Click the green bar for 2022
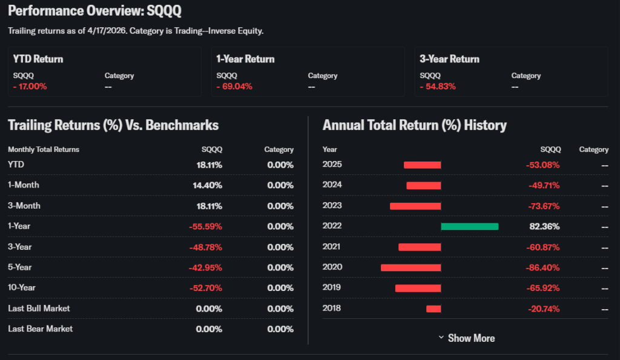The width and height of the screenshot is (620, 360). click(x=469, y=226)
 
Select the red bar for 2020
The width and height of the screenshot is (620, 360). click(x=411, y=267)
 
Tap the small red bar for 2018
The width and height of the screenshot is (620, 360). click(x=434, y=309)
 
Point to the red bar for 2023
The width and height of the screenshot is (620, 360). click(x=415, y=206)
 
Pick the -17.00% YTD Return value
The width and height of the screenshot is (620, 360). click(x=30, y=87)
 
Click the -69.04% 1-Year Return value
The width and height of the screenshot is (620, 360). click(x=234, y=87)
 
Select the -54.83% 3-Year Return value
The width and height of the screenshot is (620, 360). click(x=437, y=87)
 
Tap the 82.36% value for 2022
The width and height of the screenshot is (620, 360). click(x=546, y=226)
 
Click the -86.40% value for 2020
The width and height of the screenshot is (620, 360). click(x=544, y=267)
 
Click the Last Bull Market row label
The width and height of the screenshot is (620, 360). click(x=39, y=309)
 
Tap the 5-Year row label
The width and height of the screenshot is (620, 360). click(x=20, y=267)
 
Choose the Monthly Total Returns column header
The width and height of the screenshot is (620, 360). click(x=44, y=149)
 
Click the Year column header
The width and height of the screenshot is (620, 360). click(x=330, y=149)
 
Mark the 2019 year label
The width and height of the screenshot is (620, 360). click(x=332, y=288)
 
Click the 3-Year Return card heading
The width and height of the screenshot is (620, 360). click(x=449, y=59)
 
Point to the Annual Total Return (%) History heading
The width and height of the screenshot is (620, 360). click(x=414, y=125)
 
